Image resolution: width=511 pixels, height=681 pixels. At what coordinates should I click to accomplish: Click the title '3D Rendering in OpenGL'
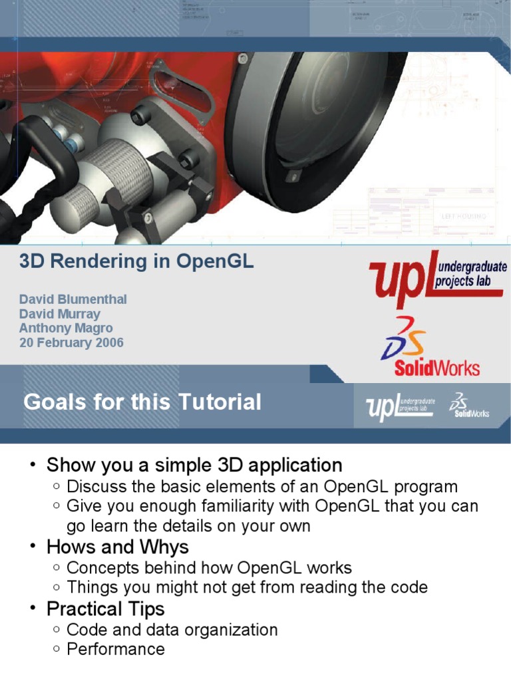coord(136,261)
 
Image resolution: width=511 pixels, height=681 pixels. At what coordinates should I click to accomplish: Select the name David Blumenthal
coord(73,299)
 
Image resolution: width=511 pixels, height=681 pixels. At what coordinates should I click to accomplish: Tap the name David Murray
coord(59,314)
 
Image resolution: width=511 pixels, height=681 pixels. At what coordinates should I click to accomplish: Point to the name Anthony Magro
coord(66,329)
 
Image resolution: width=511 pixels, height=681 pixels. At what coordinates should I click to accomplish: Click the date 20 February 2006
coord(71,343)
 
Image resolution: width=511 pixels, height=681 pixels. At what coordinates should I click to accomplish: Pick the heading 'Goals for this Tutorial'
coord(142,402)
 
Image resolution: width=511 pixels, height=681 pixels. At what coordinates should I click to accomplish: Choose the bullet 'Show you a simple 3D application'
coord(194,465)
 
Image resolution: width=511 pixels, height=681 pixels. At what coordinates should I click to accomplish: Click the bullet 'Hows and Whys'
coord(118,547)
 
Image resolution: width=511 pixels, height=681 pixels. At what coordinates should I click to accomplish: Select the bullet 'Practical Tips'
coord(106,609)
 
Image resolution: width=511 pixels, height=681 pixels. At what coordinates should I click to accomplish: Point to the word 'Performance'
coord(116,650)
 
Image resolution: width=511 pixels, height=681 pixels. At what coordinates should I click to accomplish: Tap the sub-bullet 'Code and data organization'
coord(172,630)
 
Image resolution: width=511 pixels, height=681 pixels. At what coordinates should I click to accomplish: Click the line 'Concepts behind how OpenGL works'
coord(210,568)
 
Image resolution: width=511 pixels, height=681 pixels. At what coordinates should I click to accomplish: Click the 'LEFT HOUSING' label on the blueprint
coord(464,216)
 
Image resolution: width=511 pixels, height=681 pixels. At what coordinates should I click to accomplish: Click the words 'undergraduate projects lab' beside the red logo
coord(470,273)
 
